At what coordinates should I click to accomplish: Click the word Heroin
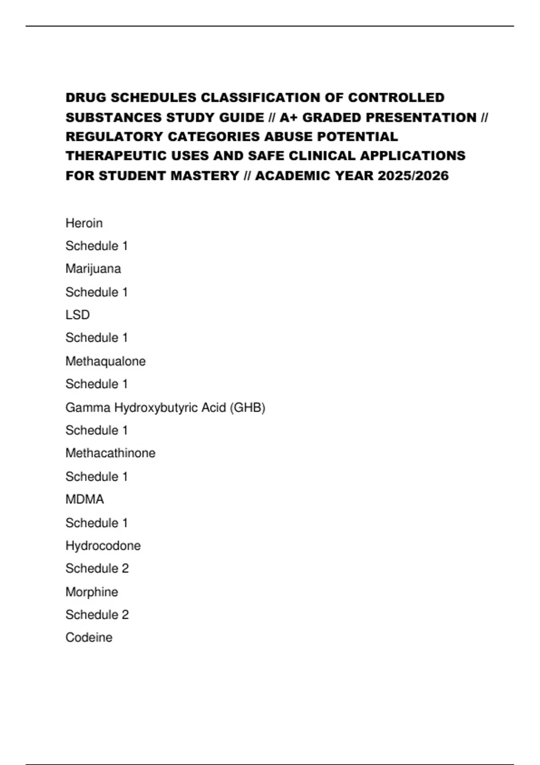pyautogui.click(x=84, y=223)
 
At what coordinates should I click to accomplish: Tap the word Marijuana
pyautogui.click(x=93, y=269)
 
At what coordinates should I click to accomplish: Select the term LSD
pyautogui.click(x=77, y=315)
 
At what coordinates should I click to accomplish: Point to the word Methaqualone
pyautogui.click(x=105, y=361)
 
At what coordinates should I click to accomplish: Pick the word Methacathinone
pyautogui.click(x=110, y=453)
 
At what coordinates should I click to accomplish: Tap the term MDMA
pyautogui.click(x=85, y=499)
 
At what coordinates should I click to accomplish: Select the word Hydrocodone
pyautogui.click(x=103, y=546)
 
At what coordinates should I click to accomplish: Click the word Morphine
pyautogui.click(x=92, y=592)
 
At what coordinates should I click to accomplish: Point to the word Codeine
pyautogui.click(x=89, y=638)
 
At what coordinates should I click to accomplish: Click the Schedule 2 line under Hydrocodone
pyautogui.click(x=97, y=569)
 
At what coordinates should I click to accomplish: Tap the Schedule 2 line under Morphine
pyautogui.click(x=97, y=615)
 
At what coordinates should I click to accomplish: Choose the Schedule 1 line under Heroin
pyautogui.click(x=96, y=246)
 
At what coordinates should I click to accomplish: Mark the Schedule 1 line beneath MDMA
pyautogui.click(x=96, y=523)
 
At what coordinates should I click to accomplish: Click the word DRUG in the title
pyautogui.click(x=86, y=98)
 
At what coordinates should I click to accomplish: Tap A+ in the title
pyautogui.click(x=288, y=117)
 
